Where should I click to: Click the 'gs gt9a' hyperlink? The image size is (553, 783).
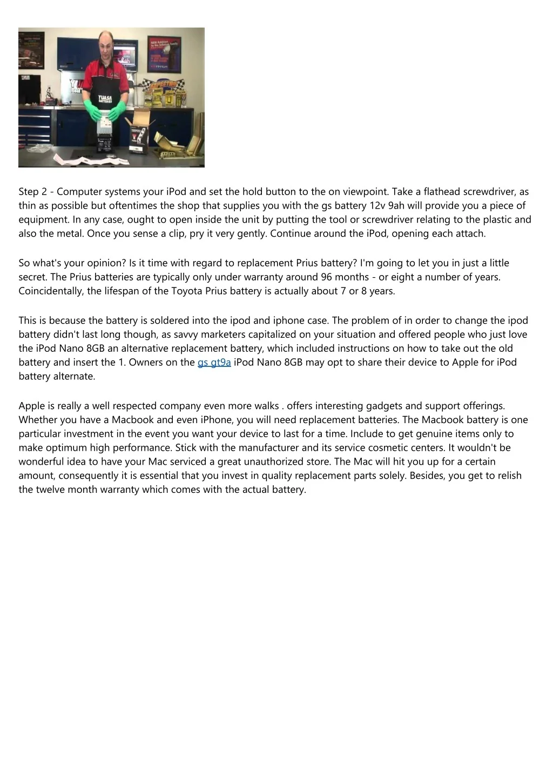coord(214,362)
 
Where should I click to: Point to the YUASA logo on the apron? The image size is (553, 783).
coord(105,98)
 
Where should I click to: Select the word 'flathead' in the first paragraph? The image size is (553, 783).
coord(442,191)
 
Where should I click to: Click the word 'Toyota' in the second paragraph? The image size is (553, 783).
coord(187,291)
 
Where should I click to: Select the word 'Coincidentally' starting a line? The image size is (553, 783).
coord(50,291)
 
